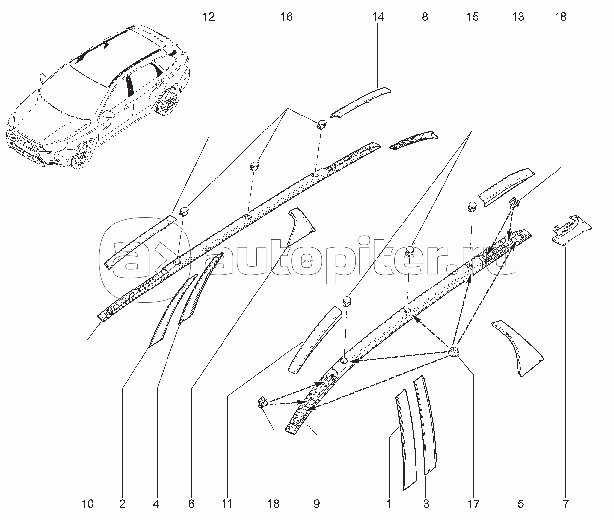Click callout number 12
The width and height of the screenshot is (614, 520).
coord(209,17)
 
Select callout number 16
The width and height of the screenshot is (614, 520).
coord(286,17)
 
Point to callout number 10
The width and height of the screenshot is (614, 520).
coord(87,504)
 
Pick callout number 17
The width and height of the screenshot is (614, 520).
coord(473,504)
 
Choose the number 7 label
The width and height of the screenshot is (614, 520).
coord(565,504)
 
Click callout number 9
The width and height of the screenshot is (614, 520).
coord(316,504)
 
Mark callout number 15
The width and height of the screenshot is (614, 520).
coord(472,17)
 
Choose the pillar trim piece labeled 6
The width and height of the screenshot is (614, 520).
coord(301,226)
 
